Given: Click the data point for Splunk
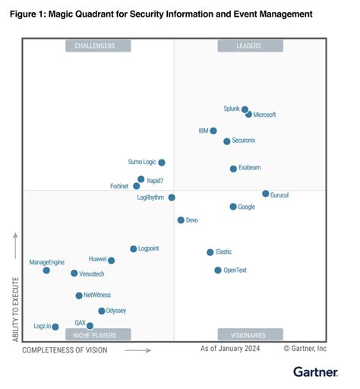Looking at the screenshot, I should click(245, 109).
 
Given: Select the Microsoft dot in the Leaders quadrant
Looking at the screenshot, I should click(249, 114).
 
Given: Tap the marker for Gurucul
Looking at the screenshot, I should click(265, 194).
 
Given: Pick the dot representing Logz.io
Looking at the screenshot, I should click(55, 327).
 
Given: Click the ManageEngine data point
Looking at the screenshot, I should click(46, 270).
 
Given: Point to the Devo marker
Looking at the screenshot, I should click(181, 220).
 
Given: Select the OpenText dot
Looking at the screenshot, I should click(218, 270).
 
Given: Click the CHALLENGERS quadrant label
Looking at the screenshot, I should click(98, 46).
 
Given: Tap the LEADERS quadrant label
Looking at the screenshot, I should click(250, 46).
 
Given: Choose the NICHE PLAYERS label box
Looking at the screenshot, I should click(98, 334).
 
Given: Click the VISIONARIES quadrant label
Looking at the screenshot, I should click(250, 334).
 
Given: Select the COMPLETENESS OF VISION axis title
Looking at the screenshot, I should click(65, 350).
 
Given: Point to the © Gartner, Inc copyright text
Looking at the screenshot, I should click(305, 349).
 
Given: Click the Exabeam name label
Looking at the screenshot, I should click(251, 168).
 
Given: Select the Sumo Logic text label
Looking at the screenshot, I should click(141, 162).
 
